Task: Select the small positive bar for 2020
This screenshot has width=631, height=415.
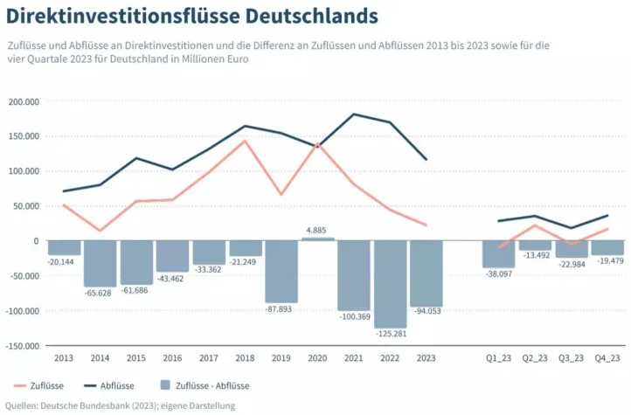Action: coord(317,239)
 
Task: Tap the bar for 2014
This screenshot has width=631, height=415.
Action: coord(100,263)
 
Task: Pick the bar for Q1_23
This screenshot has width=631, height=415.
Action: coord(499,253)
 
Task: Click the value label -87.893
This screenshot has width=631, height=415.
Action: coord(281,308)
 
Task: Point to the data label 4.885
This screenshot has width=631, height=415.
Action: coord(317,231)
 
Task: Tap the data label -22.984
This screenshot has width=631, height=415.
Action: coord(572,264)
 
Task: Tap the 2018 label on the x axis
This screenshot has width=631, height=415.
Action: coord(245,358)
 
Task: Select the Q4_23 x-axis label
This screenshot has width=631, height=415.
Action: coord(607,358)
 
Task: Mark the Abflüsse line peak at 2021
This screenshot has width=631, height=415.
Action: coord(354,114)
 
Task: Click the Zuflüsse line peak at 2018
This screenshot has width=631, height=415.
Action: coord(245,141)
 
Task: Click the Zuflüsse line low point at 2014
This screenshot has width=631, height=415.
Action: coord(100,231)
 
